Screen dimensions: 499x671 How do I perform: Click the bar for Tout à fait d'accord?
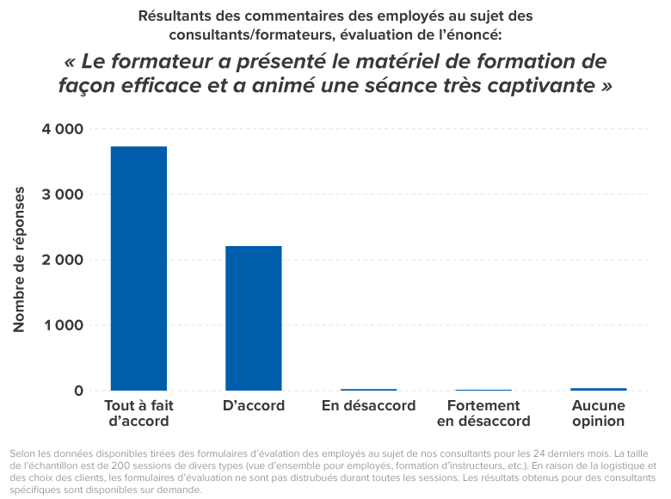point(139,268)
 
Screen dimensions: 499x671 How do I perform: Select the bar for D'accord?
point(254,318)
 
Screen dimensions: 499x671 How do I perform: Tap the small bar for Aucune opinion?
point(598,389)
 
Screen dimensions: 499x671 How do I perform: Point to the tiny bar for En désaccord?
point(368,390)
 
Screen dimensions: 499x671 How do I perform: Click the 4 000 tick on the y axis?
point(62,129)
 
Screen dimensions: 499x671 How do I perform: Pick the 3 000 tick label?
point(62,194)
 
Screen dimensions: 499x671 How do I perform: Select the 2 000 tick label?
point(62,260)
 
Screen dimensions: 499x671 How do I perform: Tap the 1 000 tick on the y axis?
point(62,325)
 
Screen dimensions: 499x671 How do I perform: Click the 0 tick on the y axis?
point(78,391)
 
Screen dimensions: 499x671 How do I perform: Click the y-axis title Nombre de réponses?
point(19,259)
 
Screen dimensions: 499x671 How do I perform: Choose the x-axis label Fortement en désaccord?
point(483,413)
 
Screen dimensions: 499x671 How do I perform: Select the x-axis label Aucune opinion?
point(598,413)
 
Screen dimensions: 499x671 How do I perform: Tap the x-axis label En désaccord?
point(368,405)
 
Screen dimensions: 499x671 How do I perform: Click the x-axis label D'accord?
point(254,405)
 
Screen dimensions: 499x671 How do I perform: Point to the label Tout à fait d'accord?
point(139,413)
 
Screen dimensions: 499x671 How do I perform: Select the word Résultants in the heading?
point(173,15)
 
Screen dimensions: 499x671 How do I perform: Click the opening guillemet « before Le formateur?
point(71,63)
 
